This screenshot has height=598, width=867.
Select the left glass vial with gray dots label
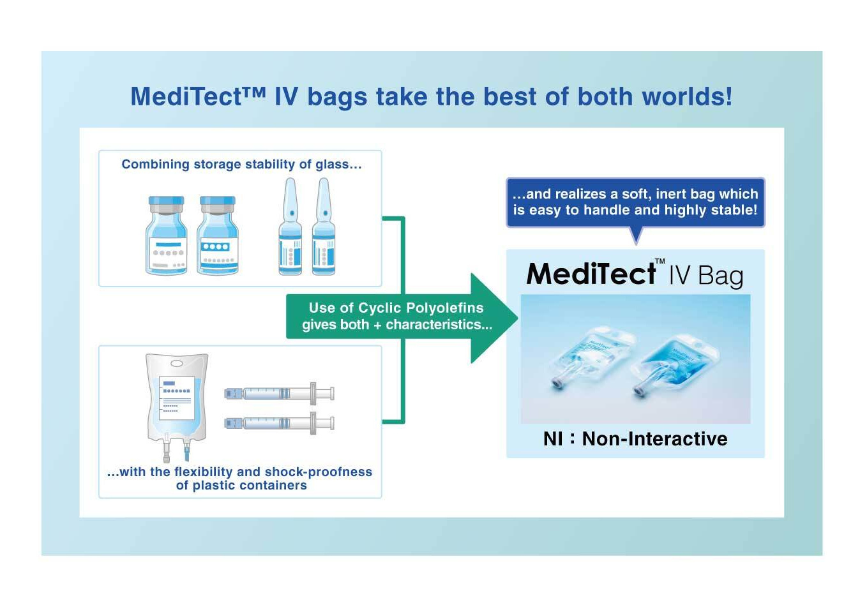click(167, 235)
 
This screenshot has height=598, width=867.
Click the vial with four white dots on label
click(218, 235)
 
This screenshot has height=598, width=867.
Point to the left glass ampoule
click(290, 227)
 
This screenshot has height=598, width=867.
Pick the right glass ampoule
click(324, 227)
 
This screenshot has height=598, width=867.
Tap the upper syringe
click(279, 394)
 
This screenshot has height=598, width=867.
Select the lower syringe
click(279, 423)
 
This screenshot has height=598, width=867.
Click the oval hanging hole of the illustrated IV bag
click(177, 364)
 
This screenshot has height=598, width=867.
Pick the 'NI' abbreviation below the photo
click(553, 439)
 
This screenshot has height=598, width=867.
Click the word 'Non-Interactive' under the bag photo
click(654, 439)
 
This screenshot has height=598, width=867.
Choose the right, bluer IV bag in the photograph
click(675, 366)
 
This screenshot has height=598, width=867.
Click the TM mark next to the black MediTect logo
click(660, 261)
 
